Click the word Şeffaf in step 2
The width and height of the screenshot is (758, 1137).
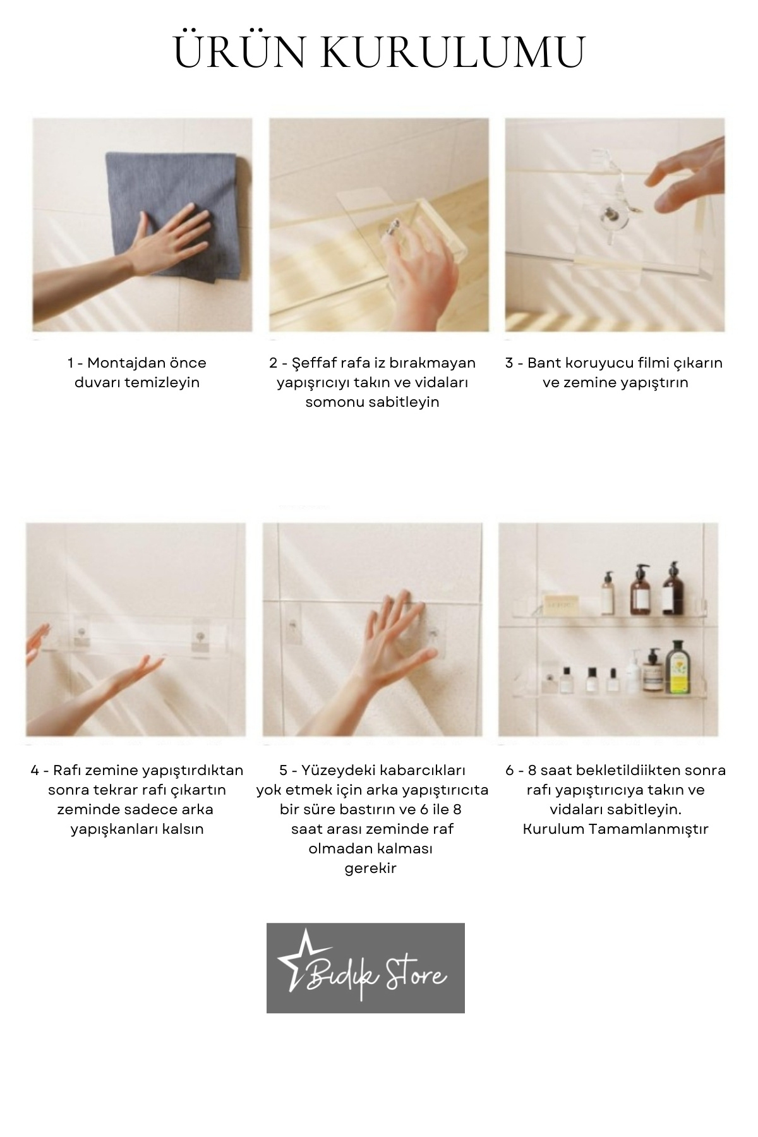(x=312, y=363)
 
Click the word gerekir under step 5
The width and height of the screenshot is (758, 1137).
(x=371, y=869)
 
